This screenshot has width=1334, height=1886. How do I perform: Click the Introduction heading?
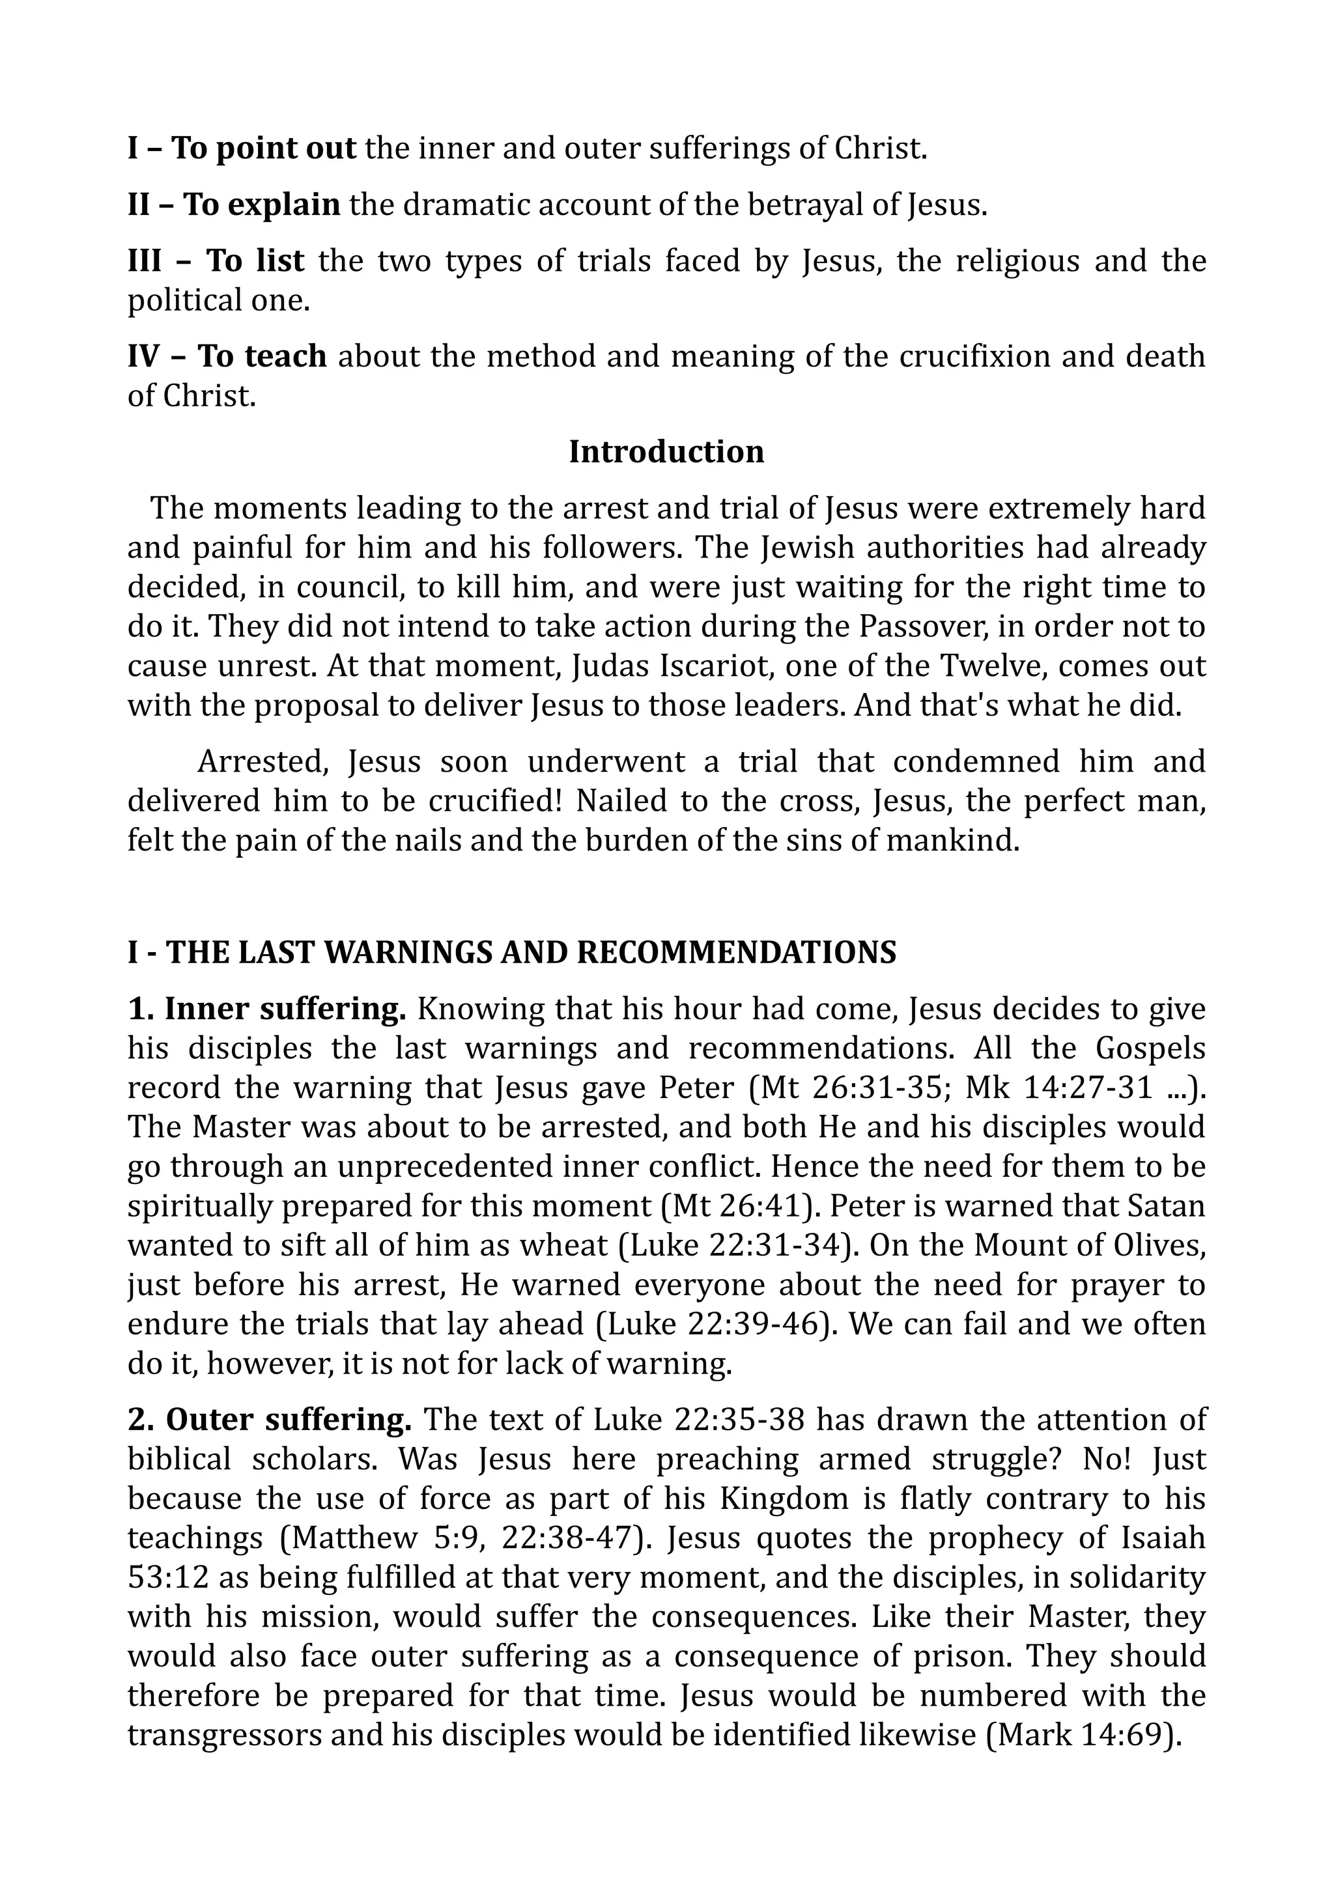point(666,452)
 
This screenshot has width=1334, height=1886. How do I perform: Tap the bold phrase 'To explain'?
point(261,204)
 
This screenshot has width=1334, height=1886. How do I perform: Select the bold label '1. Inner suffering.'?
point(267,1009)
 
